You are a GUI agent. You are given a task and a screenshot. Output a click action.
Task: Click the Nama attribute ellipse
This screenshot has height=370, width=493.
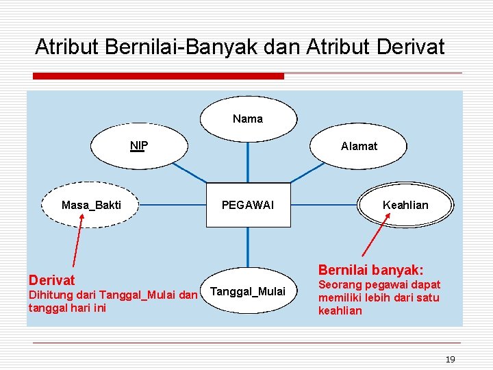(248, 119)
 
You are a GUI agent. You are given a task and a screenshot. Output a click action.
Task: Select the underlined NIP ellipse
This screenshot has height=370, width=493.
(140, 145)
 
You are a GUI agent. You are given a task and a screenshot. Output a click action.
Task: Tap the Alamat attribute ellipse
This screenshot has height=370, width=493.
(359, 146)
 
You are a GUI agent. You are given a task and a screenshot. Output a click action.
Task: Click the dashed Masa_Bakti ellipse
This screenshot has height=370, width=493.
(91, 205)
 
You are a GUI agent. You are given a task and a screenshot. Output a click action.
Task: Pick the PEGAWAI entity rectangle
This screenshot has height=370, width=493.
(248, 205)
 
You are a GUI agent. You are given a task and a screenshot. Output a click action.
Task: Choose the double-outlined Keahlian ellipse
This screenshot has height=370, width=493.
(405, 205)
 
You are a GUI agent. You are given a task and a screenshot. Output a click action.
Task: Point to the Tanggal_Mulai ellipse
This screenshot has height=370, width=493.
(248, 291)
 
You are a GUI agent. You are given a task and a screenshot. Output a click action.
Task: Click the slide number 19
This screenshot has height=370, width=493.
(449, 359)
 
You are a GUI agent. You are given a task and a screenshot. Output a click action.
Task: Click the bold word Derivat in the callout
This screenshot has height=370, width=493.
(52, 280)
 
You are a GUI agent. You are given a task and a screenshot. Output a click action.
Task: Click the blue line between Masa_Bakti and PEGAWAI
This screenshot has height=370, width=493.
(173, 204)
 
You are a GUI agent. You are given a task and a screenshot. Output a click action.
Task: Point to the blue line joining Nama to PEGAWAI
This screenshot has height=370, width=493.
(248, 160)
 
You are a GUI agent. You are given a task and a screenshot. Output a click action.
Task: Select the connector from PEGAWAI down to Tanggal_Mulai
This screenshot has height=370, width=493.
(248, 247)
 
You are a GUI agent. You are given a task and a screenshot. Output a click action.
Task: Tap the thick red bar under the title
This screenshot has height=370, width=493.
(158, 75)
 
